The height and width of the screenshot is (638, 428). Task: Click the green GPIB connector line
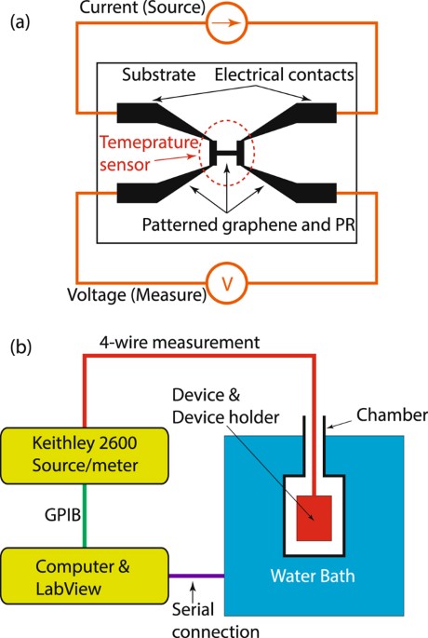pyautogui.click(x=86, y=512)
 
